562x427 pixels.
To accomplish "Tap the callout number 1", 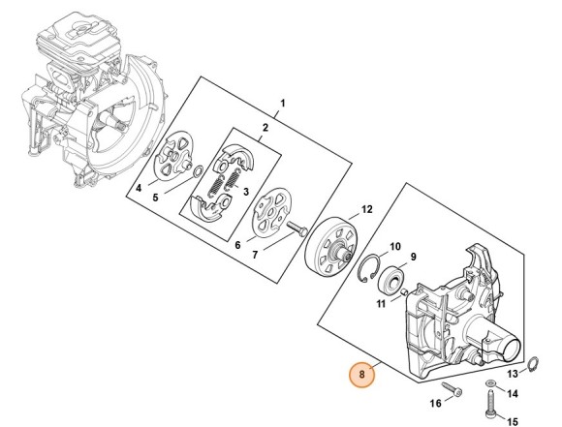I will point(282,103).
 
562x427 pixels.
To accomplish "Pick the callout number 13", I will point(513,373).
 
